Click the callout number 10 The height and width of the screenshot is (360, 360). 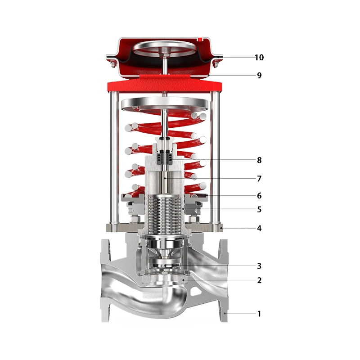point(259,58)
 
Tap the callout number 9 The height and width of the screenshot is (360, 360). point(259,75)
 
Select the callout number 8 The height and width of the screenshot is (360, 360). point(259,160)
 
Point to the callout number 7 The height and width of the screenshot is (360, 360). point(259,178)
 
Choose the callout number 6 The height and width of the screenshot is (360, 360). point(259,196)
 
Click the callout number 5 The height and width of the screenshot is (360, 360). point(259,209)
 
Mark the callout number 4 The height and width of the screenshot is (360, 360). point(259,228)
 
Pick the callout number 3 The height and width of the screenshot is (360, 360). point(259,266)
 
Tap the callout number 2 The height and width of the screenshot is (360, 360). point(259,280)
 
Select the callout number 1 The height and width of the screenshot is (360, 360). point(259,314)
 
